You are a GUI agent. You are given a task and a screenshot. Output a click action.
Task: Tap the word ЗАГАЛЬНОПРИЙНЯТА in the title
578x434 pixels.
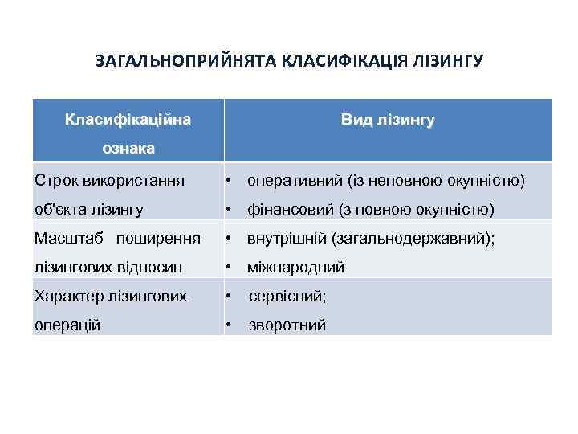click(x=186, y=61)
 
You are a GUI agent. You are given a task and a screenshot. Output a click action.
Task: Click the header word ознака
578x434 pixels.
click(x=128, y=149)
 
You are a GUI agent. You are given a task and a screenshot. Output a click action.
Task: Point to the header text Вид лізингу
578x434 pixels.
click(x=388, y=121)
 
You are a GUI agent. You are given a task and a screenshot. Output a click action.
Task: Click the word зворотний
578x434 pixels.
click(x=287, y=325)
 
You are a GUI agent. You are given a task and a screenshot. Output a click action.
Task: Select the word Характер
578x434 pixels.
click(x=67, y=297)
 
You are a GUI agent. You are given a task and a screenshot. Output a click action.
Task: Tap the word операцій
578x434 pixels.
click(x=67, y=325)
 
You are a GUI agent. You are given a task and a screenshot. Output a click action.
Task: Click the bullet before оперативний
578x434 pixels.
click(x=229, y=181)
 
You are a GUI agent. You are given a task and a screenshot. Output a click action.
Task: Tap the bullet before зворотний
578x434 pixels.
click(x=229, y=325)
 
